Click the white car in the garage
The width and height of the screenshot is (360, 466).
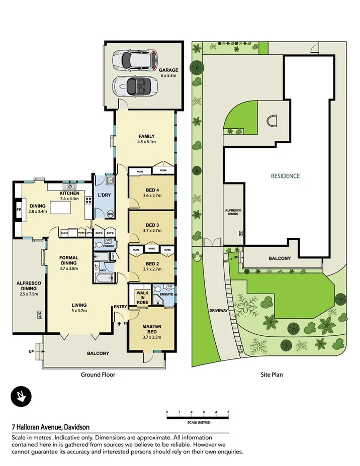coord(135,60)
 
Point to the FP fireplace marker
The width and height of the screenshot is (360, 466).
coord(19,210)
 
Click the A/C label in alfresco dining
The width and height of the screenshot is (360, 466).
coord(39,315)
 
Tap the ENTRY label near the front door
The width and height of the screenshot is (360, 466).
coord(121,307)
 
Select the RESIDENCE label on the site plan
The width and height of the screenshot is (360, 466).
coord(285,176)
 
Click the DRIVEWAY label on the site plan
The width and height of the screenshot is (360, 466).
coord(219,310)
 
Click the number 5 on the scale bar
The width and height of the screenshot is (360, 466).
coord(228,412)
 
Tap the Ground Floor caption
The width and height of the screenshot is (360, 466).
coord(98,375)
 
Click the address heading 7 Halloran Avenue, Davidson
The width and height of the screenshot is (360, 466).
coord(50,428)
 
